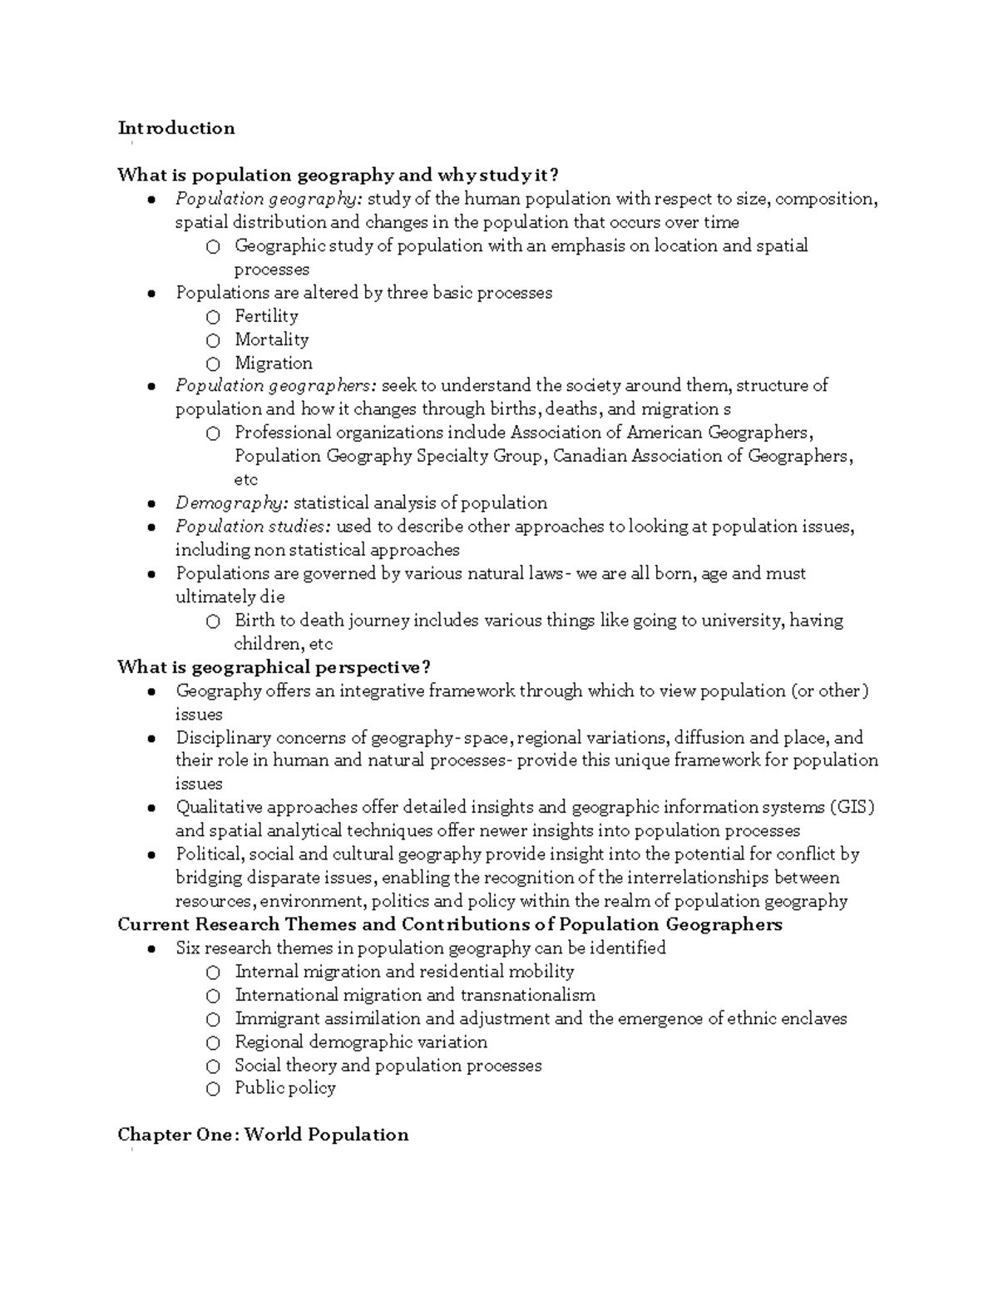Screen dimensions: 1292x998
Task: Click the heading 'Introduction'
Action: [176, 128]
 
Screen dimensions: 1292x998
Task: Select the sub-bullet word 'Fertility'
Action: [266, 316]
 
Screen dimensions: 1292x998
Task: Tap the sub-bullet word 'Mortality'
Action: [271, 339]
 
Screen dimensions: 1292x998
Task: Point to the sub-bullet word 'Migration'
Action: [274, 364]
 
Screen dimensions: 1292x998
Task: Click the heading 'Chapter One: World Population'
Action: [263, 1135]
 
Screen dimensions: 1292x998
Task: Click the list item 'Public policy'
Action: [285, 1088]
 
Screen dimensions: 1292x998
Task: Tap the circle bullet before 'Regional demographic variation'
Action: [214, 1042]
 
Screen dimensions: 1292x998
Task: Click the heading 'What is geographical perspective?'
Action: [274, 667]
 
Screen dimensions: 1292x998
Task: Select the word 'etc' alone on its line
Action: [246, 480]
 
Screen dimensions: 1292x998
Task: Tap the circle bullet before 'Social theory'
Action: [214, 1066]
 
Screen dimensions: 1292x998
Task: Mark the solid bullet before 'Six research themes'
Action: [150, 948]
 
